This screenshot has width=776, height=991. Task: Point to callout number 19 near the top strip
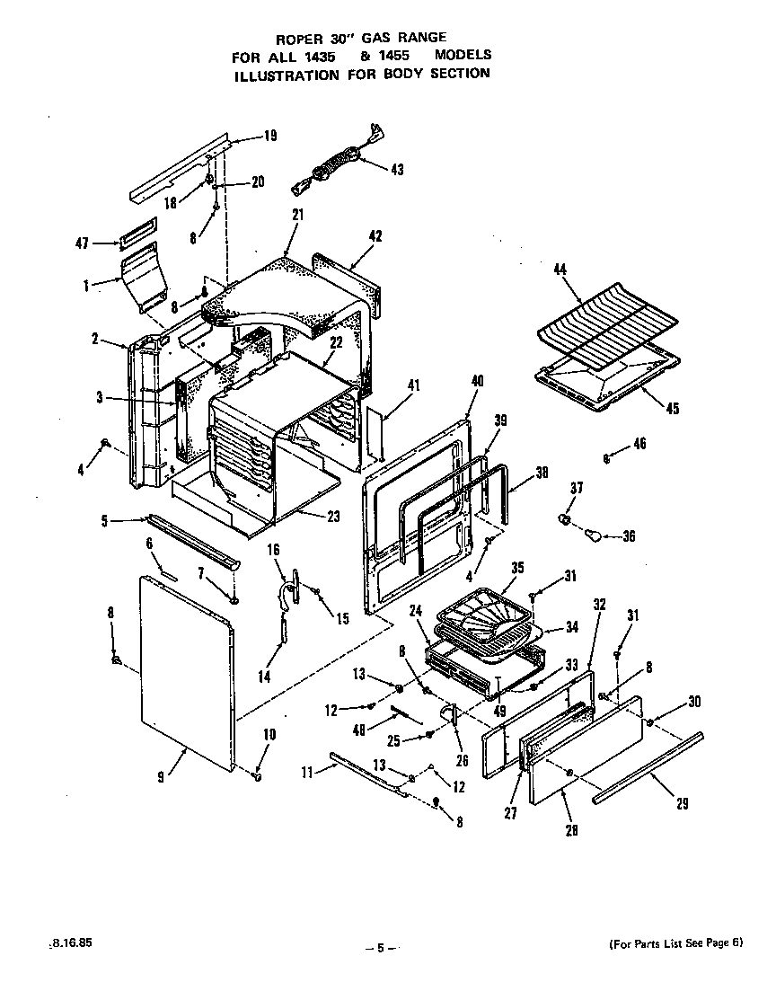click(269, 137)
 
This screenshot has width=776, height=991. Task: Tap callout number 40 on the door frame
click(477, 380)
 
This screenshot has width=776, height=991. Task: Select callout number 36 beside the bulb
click(628, 537)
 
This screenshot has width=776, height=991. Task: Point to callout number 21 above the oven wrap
click(297, 215)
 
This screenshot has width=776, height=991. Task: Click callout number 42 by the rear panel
click(375, 236)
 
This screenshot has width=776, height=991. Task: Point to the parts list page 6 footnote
click(676, 942)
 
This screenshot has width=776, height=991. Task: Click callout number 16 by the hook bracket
click(274, 548)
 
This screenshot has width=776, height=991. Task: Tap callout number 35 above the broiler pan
click(516, 568)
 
